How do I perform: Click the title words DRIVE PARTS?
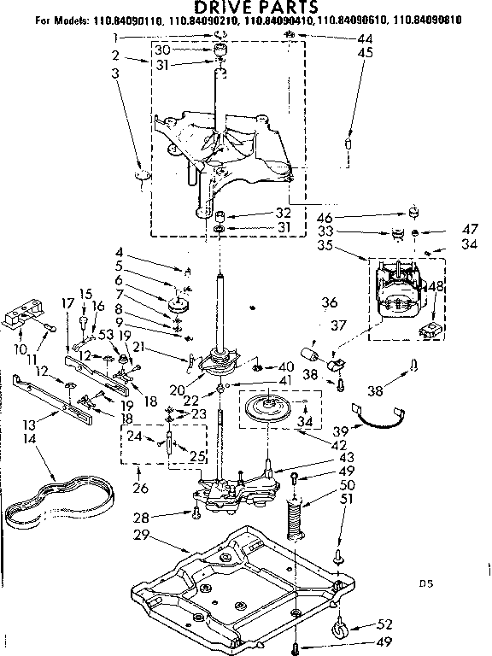click(x=245, y=8)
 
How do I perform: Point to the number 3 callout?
click(x=115, y=73)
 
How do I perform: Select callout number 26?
click(x=140, y=489)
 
